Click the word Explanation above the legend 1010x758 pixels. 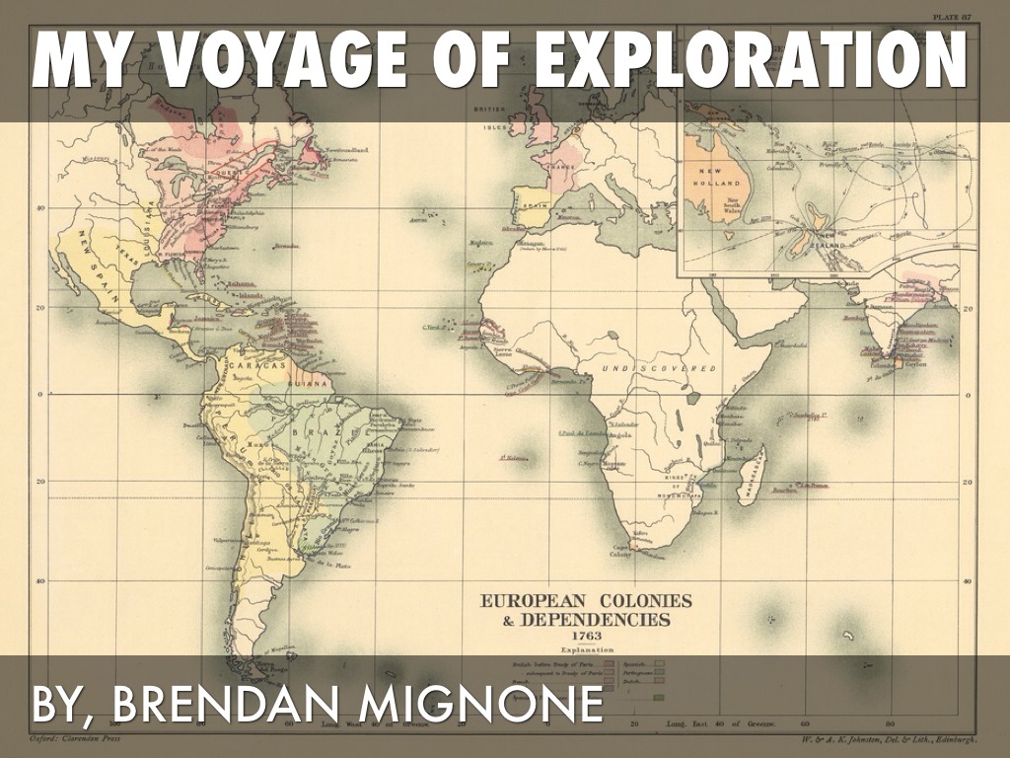tap(587, 649)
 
